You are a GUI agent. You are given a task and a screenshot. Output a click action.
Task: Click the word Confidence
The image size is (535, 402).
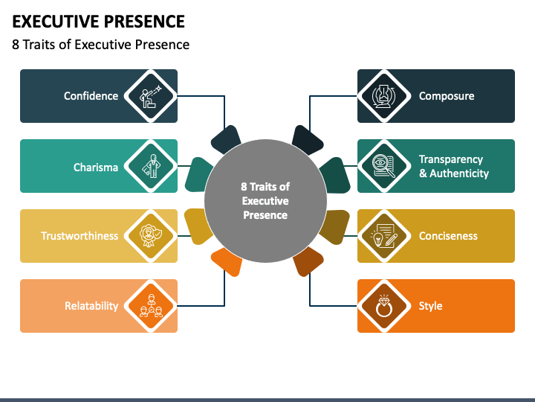click(91, 96)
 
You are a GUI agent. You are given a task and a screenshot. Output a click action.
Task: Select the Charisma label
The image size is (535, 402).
click(96, 167)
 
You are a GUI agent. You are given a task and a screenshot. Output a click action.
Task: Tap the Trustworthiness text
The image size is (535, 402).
click(80, 236)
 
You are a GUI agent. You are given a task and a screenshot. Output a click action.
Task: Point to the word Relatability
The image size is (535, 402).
click(91, 306)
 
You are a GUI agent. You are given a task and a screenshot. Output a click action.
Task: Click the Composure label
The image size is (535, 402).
click(447, 96)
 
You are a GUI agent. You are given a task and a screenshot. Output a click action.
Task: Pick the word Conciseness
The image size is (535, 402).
click(448, 236)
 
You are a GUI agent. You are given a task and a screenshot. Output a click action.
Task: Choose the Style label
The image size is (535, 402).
click(430, 306)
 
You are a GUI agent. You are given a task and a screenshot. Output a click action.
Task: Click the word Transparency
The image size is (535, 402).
click(451, 159)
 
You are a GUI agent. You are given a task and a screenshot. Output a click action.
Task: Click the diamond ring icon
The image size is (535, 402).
click(384, 306)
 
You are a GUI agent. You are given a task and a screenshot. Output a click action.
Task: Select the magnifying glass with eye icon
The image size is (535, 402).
click(384, 166)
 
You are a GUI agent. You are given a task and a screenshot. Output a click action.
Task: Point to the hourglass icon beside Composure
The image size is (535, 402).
click(384, 96)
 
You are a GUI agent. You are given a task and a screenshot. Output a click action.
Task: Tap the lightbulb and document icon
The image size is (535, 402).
click(384, 236)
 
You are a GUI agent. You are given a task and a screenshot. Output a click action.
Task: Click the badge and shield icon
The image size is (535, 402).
click(151, 235)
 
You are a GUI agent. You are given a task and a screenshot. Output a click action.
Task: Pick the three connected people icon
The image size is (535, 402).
click(151, 306)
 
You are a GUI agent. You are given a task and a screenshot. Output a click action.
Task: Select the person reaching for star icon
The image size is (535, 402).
click(150, 96)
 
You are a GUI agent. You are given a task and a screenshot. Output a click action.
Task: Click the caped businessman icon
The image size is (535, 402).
click(151, 166)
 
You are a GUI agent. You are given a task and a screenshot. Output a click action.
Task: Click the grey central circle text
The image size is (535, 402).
click(265, 201)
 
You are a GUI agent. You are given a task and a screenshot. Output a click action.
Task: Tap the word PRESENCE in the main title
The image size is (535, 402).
click(144, 22)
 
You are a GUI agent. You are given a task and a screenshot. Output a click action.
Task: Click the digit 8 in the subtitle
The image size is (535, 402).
click(16, 45)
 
